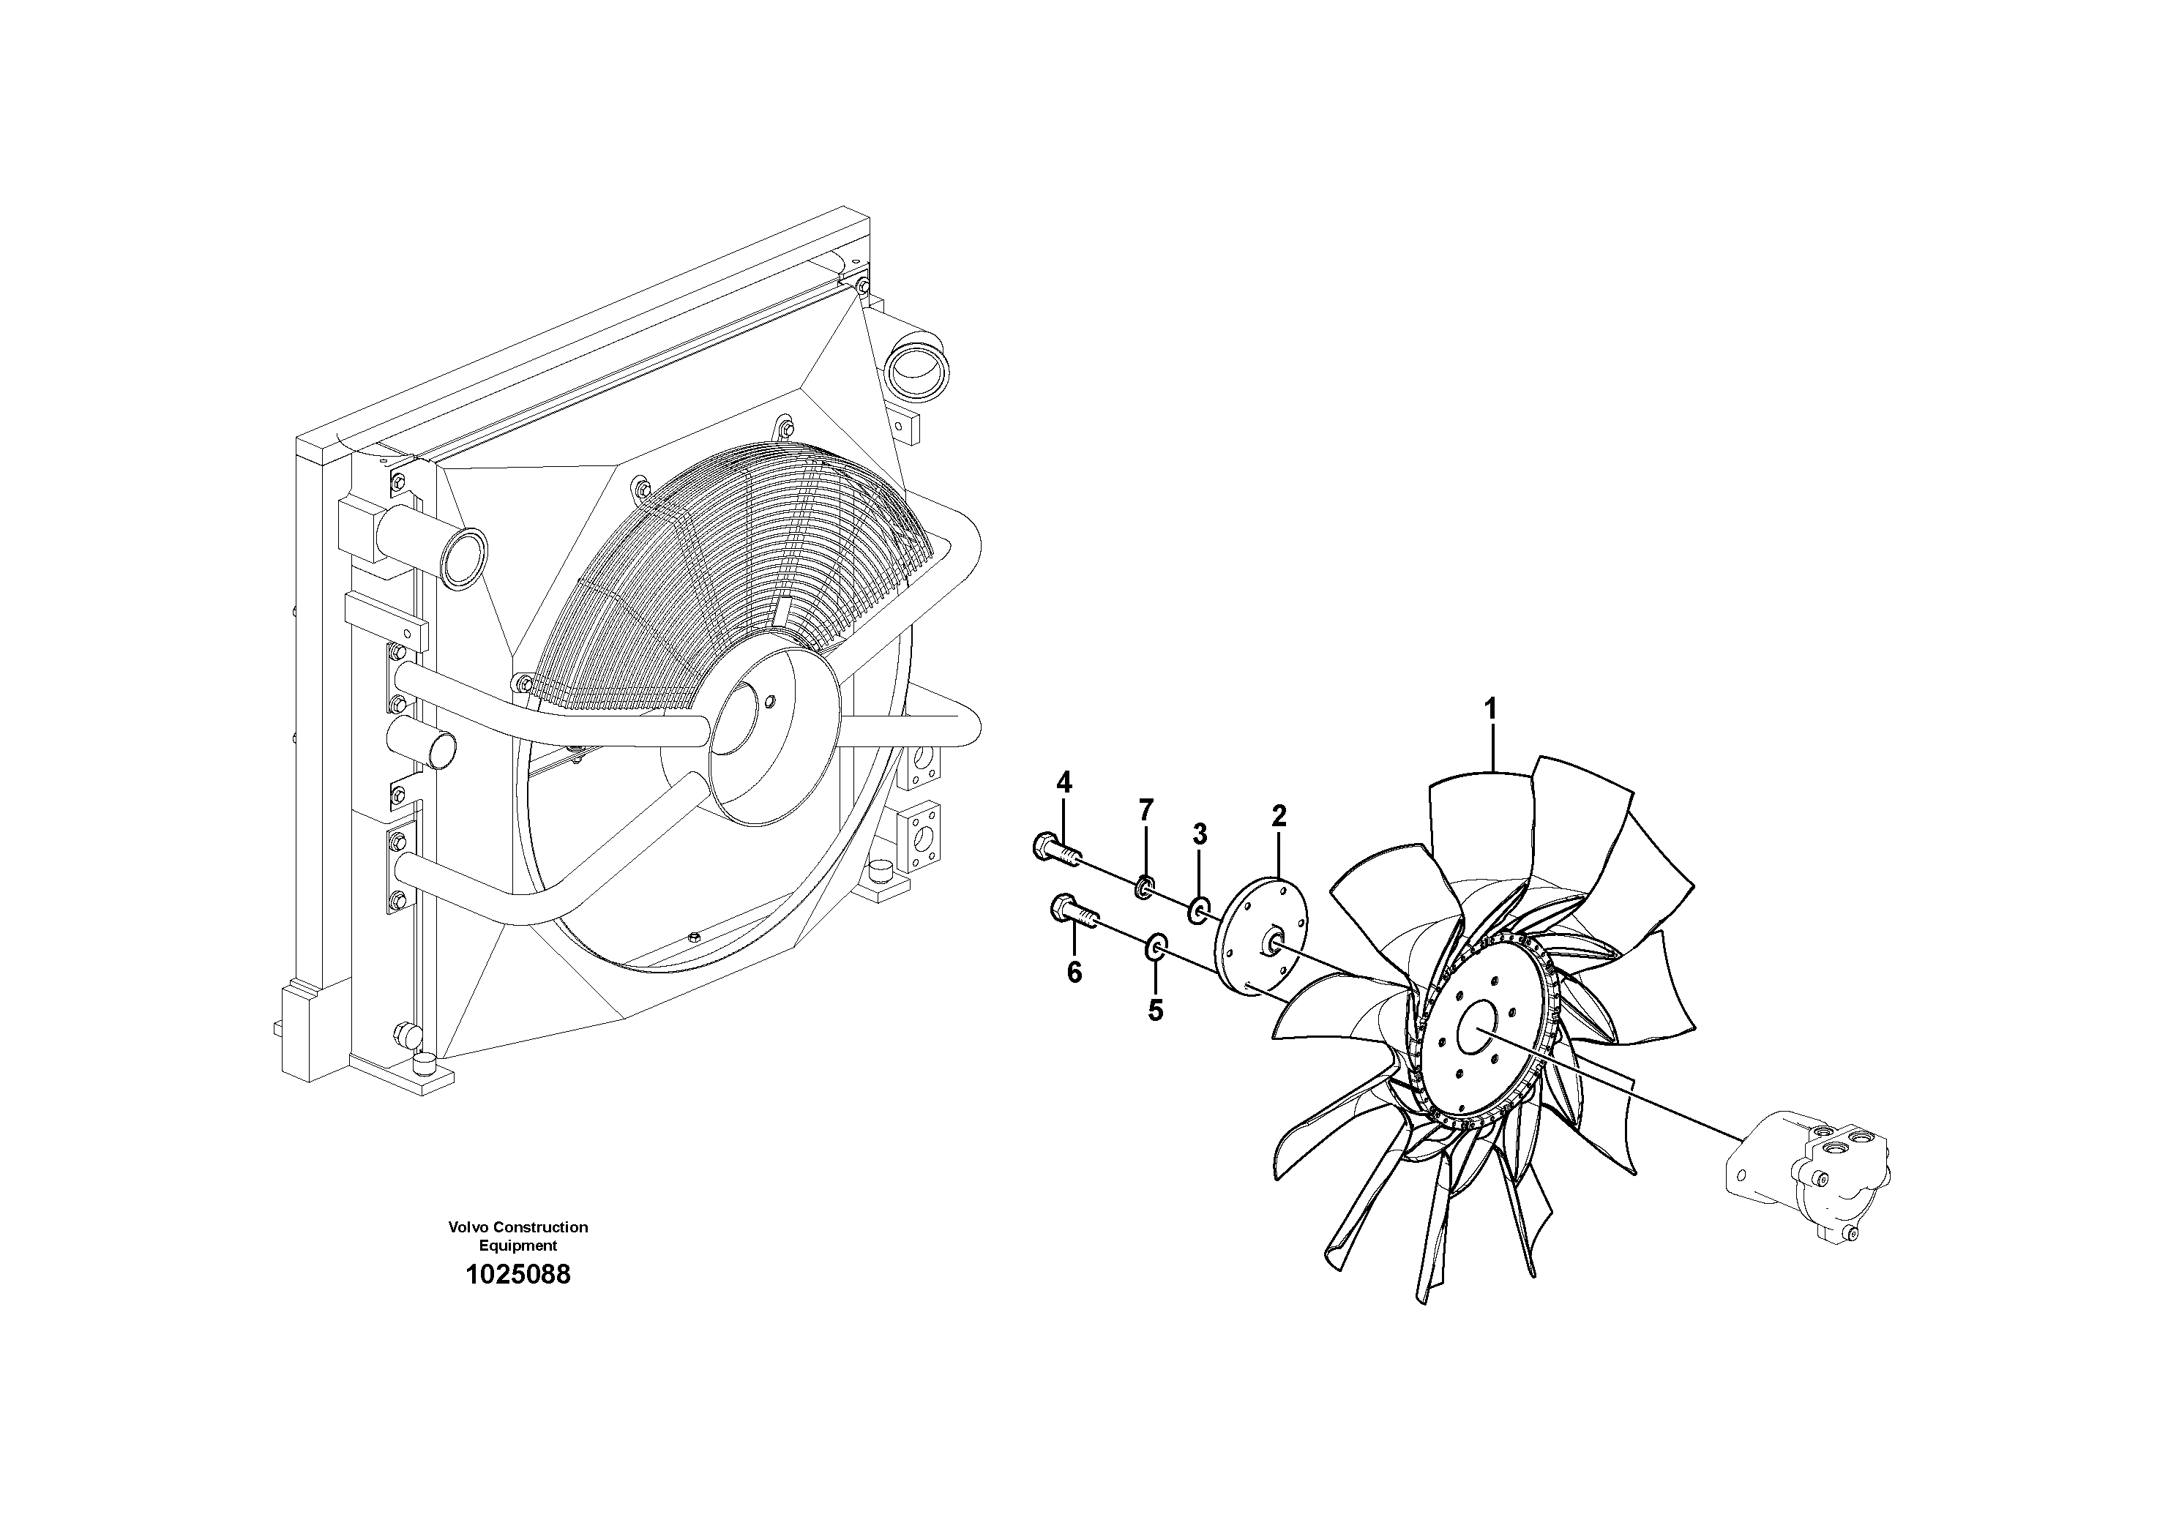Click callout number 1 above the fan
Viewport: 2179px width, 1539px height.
[1490, 709]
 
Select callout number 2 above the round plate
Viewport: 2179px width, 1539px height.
[1279, 815]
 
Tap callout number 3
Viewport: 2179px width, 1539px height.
[1200, 835]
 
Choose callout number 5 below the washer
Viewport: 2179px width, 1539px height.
[1155, 1011]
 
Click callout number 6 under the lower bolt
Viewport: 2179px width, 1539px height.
[1073, 973]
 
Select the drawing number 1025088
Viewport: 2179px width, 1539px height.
[517, 1274]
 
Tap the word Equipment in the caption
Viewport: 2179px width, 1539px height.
[517, 1245]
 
